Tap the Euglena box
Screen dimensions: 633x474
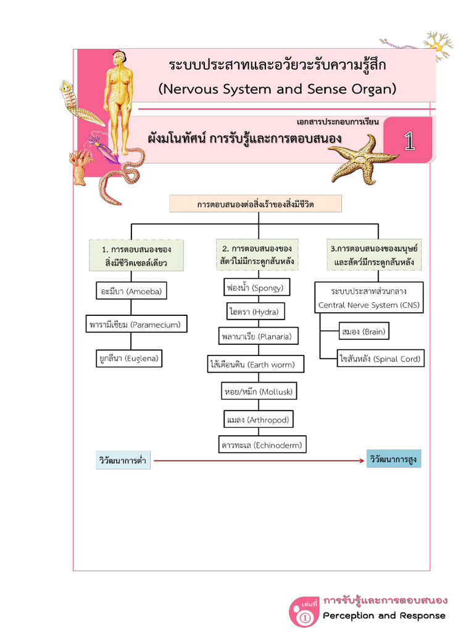[130, 358]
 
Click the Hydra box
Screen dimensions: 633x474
[256, 312]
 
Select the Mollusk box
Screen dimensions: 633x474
[259, 391]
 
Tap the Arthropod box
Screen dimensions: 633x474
[257, 420]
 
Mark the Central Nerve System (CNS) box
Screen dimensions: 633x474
[368, 297]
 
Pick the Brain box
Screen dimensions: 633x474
[364, 332]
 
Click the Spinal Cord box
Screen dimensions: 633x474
[380, 359]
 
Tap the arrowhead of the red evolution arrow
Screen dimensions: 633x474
[362, 461]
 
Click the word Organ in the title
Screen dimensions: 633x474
[370, 89]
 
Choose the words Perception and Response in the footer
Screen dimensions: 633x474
[384, 615]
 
